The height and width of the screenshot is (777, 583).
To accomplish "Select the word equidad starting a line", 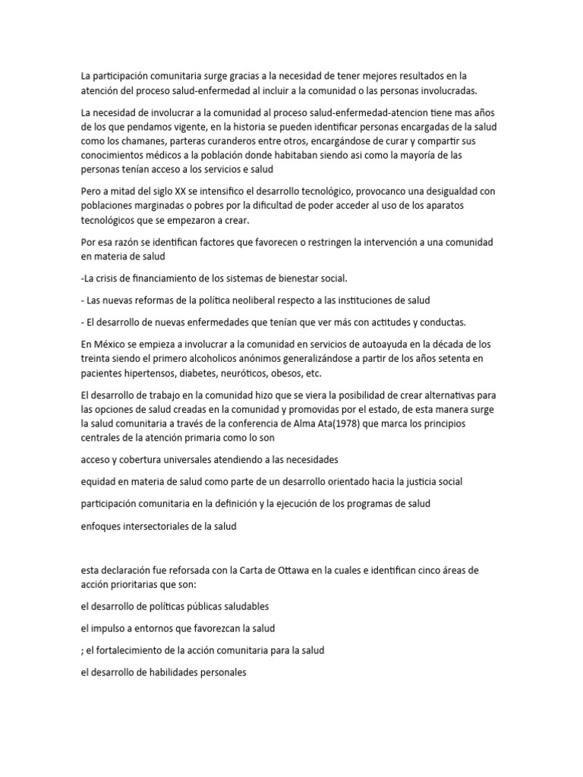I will [101, 482].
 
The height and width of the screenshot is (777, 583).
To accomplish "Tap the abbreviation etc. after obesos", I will [333, 373].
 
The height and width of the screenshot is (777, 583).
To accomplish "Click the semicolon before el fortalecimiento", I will [82, 650].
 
